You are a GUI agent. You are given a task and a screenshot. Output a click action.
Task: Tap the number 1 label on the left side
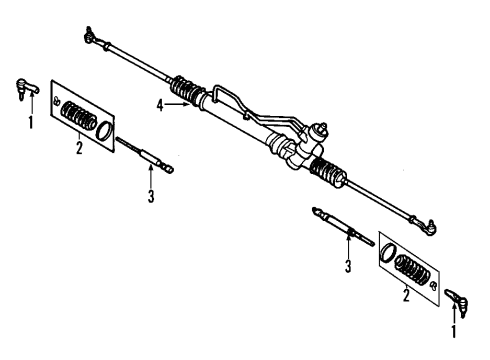point(30,124)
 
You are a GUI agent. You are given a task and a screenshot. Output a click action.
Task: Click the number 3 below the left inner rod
point(151,196)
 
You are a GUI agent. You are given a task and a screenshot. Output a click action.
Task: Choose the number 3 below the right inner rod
point(348,266)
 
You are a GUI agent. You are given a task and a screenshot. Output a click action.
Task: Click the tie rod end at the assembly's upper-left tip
point(91,39)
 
